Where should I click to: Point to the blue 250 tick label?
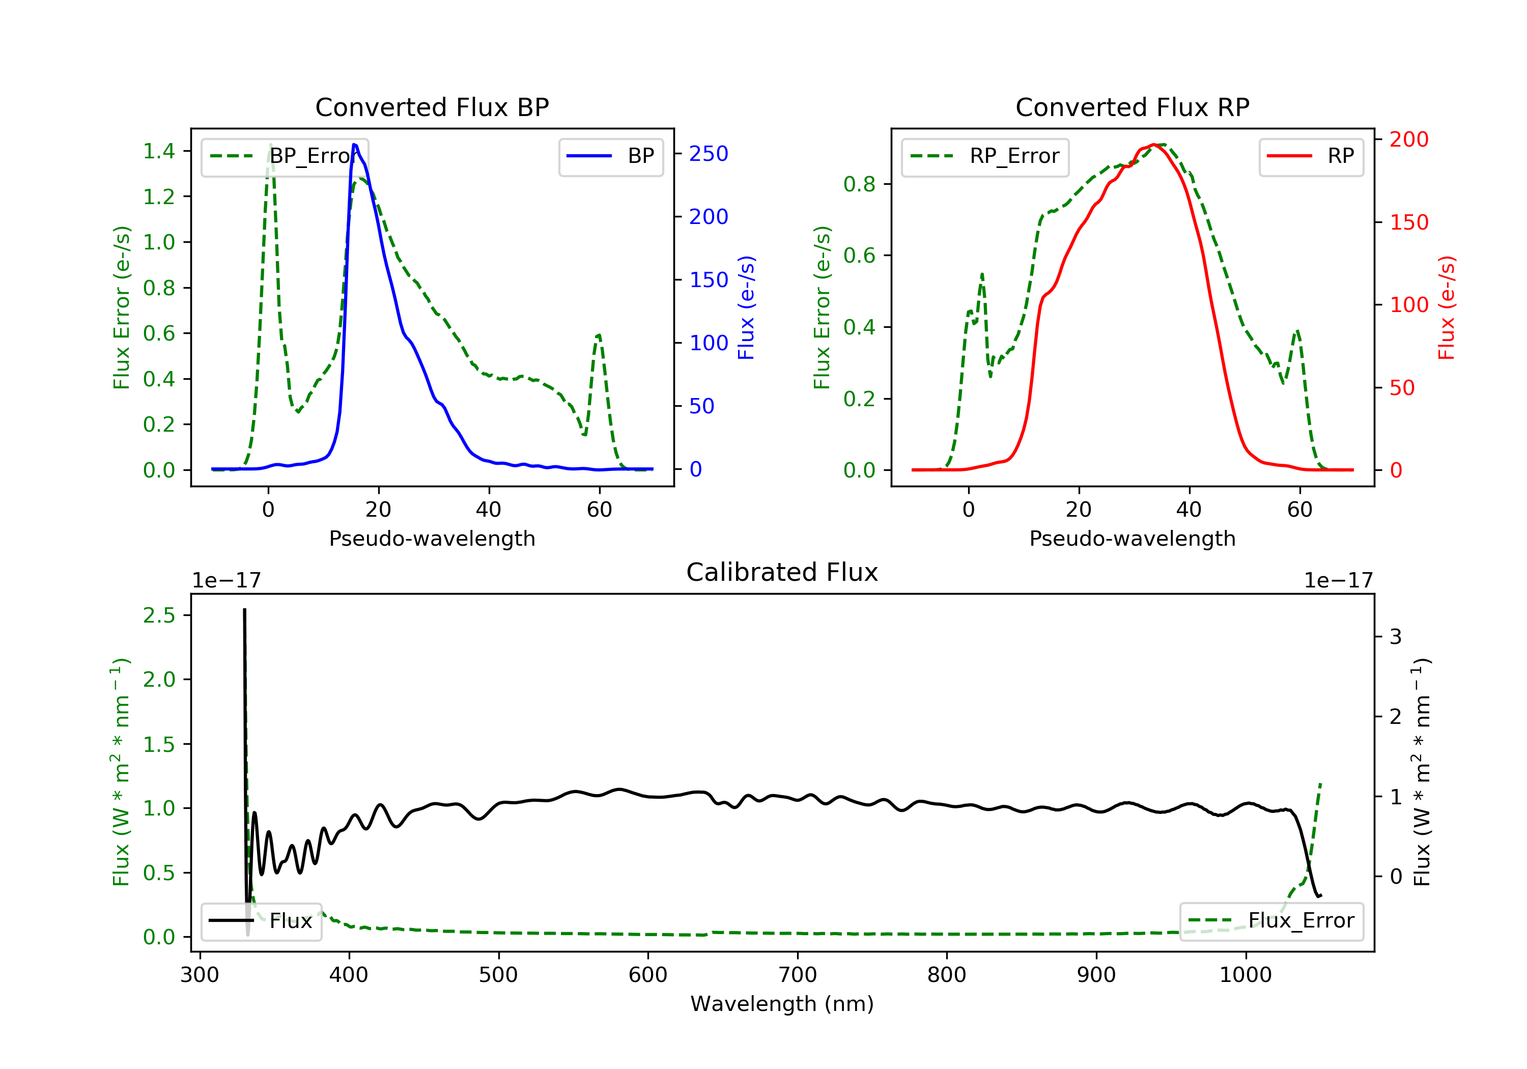coord(709,154)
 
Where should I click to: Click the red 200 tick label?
coord(1408,139)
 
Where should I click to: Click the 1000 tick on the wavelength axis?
coord(1245,975)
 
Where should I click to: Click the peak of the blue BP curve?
coord(354,145)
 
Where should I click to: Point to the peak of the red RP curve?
coord(1154,145)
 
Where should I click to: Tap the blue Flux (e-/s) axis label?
coord(747,307)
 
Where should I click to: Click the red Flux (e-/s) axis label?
coord(1447,307)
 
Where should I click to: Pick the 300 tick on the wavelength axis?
coord(200,975)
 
